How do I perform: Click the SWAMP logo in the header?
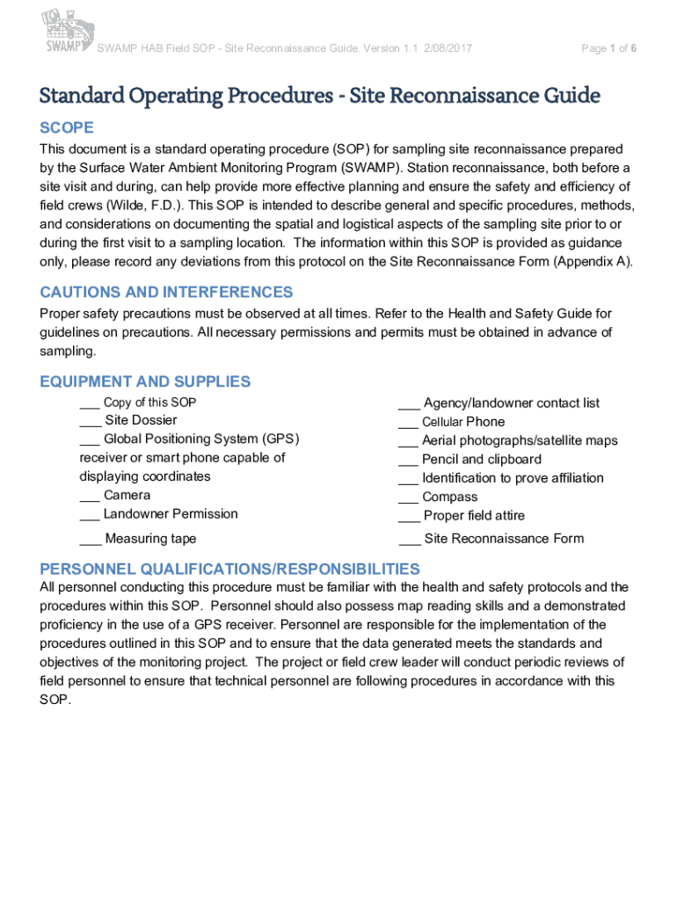coord(66,32)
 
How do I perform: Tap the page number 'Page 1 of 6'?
coord(608,48)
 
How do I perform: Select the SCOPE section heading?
coord(67,128)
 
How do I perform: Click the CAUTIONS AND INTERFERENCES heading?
coord(166,292)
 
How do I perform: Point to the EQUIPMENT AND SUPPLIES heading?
coord(145,381)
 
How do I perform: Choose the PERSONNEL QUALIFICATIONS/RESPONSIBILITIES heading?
coord(229,569)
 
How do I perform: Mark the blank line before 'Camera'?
coord(89,497)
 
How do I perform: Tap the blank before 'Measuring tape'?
coord(89,541)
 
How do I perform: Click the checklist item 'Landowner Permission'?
coord(171,513)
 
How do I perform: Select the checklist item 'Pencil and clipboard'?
coord(482,459)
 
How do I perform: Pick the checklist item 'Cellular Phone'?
coord(463,422)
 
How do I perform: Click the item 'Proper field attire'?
coord(474,516)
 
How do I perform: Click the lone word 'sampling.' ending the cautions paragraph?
coord(68,351)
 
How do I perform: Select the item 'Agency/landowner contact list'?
coord(512,403)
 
